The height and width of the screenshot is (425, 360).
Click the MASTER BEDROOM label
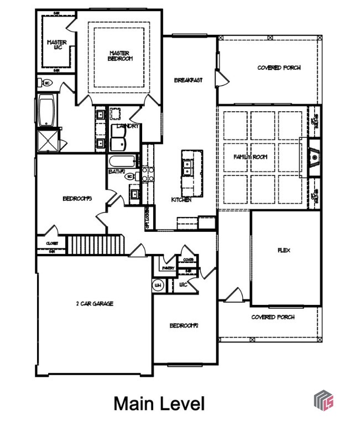(x=120, y=55)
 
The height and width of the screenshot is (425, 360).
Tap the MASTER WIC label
(x=56, y=44)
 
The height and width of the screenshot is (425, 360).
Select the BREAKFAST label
(x=188, y=80)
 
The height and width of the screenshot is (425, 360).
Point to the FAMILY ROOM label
(x=250, y=157)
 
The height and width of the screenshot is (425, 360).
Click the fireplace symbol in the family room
(x=314, y=158)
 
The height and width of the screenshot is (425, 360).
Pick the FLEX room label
(x=284, y=250)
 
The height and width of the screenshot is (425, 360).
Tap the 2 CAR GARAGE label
(x=95, y=303)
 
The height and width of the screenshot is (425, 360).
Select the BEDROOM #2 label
(x=184, y=325)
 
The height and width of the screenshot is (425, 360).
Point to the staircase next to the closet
(x=95, y=244)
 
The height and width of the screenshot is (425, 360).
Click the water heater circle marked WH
(x=158, y=286)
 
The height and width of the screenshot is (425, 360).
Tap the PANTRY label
(x=169, y=268)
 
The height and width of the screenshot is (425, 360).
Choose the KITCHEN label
(x=181, y=200)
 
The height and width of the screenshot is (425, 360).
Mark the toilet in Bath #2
(x=131, y=176)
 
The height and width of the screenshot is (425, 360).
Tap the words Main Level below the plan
(x=159, y=403)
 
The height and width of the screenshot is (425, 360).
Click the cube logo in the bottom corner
(x=324, y=400)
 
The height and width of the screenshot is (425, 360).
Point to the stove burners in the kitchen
(x=147, y=174)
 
